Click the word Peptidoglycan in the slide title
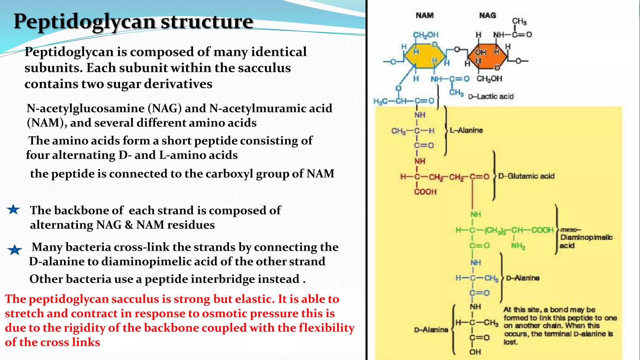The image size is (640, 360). point(84,22)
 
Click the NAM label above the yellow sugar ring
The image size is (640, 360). point(424,15)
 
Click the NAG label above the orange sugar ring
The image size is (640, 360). point(487,15)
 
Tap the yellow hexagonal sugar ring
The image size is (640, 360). point(424,56)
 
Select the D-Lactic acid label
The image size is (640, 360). point(491,97)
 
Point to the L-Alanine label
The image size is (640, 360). point(466,130)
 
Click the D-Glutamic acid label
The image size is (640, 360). point(526,176)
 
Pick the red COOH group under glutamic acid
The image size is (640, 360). point(425,192)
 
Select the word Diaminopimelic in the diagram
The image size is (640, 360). point(586,237)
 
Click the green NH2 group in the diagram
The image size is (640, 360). point(518,246)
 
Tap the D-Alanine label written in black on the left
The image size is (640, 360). point(431,330)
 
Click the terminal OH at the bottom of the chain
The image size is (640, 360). point(475,352)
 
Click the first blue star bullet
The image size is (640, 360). point(13,209)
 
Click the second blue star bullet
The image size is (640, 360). point(14,250)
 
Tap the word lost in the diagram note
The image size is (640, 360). point(510,342)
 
